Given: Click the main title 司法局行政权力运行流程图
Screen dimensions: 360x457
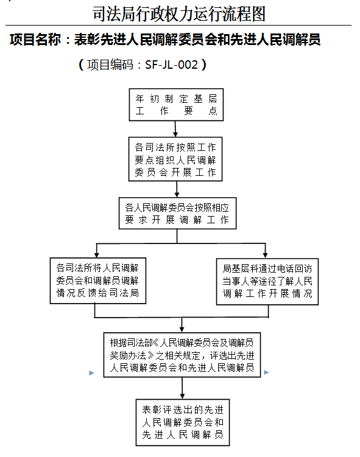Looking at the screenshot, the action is [x=179, y=14].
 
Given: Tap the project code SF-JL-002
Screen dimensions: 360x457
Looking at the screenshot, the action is [x=172, y=65].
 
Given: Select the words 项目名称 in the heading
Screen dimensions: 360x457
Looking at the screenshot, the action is [x=35, y=40].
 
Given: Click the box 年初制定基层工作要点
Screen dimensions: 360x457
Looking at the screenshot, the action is [x=176, y=105].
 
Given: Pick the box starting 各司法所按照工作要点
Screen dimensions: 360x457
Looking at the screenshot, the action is [x=175, y=159].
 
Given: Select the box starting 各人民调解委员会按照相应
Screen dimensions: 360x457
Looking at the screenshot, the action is [x=177, y=214].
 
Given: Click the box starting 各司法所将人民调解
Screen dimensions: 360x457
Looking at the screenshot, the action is [x=98, y=281].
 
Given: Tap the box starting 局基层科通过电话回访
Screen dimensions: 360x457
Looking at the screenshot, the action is [x=267, y=282].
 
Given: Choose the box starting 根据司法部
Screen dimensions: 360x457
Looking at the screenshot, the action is [x=182, y=355].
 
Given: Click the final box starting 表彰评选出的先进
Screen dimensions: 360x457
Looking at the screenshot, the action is [x=183, y=422].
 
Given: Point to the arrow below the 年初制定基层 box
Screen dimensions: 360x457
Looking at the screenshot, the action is [x=175, y=129].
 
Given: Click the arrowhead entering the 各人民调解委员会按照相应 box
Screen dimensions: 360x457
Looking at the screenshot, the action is [x=177, y=194].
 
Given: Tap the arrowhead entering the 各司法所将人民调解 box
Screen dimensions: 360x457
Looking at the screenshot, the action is [x=97, y=254].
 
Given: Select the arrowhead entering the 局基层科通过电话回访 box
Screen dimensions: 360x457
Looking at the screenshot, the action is [x=265, y=255].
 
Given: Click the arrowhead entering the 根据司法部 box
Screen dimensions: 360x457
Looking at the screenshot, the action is [x=182, y=329].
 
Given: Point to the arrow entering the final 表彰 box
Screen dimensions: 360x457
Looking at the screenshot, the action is [x=182, y=388].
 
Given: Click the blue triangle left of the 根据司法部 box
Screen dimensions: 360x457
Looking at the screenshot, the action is [x=91, y=373].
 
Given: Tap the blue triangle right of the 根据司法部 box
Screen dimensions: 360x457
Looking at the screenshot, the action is [x=266, y=372].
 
